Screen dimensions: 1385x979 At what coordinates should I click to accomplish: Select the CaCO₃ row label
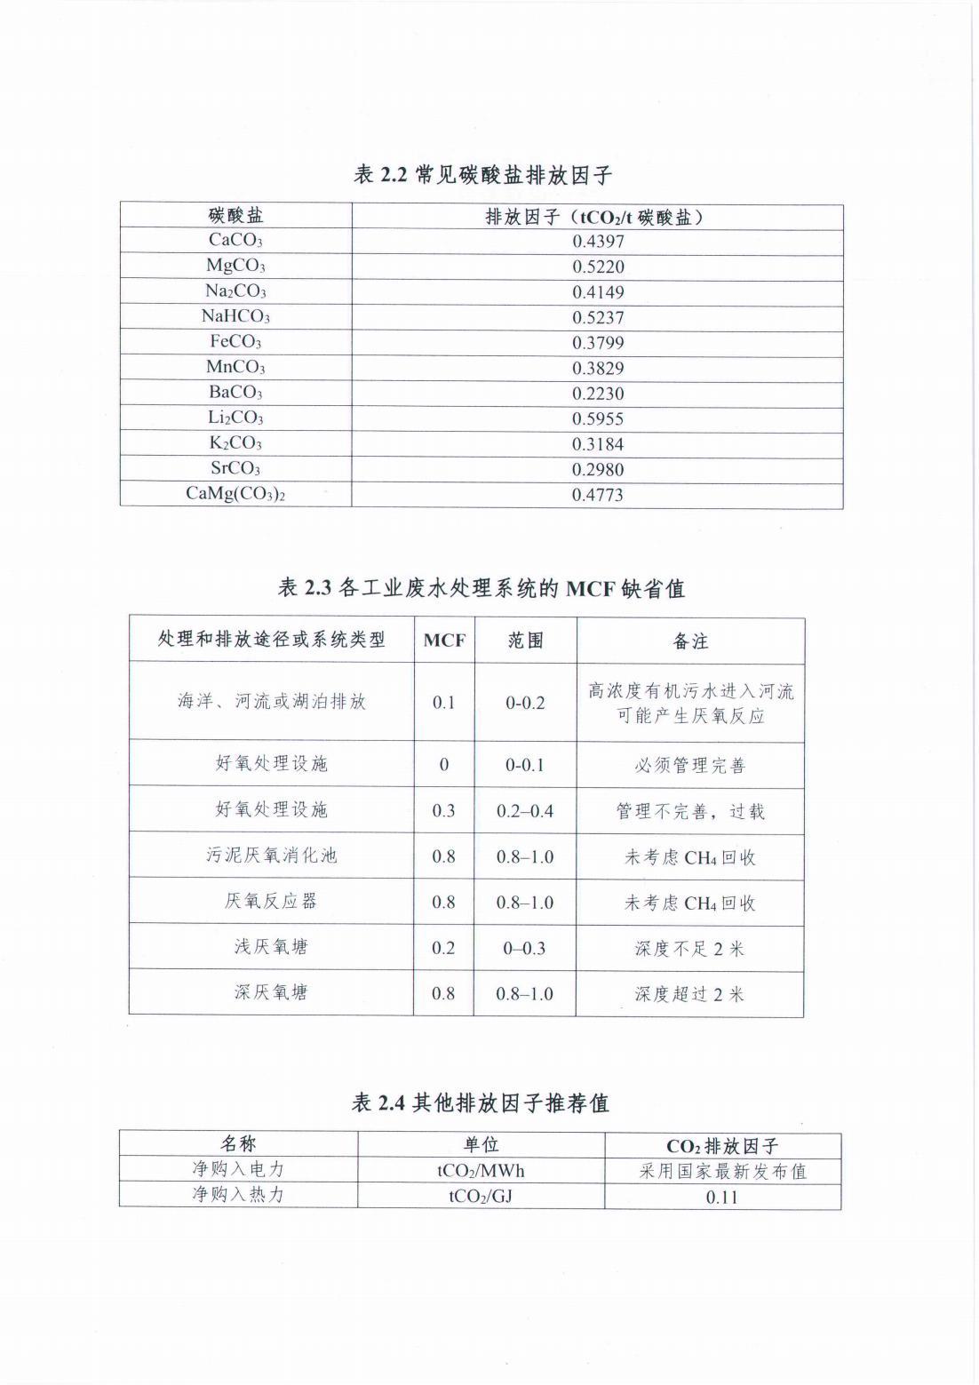[x=235, y=240]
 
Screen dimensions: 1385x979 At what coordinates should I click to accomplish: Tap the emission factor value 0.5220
[x=598, y=267]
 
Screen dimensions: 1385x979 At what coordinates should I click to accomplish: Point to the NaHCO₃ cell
[x=235, y=316]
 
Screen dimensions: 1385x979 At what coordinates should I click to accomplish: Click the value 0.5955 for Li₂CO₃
[x=598, y=418]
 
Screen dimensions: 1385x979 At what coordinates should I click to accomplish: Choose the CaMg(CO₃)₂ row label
[x=235, y=494]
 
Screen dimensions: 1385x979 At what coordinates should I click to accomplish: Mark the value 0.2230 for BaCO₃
[x=598, y=394]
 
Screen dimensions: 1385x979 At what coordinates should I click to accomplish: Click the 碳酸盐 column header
[x=235, y=216]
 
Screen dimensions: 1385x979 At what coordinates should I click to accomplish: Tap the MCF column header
[x=444, y=641]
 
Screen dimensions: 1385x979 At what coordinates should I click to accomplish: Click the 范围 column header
[x=525, y=641]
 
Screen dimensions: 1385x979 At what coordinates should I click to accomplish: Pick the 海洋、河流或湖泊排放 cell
[x=271, y=702]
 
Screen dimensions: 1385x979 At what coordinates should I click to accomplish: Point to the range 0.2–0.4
[x=525, y=810]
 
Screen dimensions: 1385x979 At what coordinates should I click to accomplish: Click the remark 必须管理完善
[x=690, y=765]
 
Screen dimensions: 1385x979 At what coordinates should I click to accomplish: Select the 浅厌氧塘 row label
[x=271, y=947]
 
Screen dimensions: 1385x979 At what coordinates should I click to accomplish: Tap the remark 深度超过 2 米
[x=690, y=994]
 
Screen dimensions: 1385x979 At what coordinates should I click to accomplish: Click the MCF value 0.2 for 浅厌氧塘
[x=443, y=948]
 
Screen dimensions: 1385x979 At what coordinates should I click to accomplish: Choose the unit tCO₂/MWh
[x=481, y=1171]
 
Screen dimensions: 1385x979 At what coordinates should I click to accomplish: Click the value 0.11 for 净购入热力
[x=722, y=1197]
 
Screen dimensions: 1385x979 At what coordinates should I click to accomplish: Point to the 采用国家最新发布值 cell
[x=722, y=1171]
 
